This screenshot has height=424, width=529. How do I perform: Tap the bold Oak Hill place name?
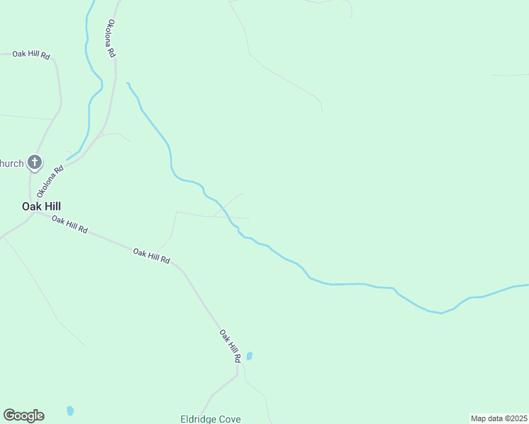point(41,206)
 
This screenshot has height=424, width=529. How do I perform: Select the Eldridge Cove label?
point(210,419)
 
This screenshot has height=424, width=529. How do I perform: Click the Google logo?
point(23,416)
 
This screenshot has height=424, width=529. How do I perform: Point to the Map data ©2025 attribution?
point(498,418)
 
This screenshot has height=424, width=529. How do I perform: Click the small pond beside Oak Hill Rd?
point(249,356)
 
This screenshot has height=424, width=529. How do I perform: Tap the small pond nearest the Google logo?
point(70,411)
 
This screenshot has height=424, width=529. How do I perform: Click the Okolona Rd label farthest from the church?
point(110,39)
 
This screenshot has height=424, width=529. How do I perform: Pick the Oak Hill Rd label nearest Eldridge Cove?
point(230,346)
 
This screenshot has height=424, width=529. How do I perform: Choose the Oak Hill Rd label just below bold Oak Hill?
point(69,225)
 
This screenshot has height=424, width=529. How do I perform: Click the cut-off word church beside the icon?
point(11,163)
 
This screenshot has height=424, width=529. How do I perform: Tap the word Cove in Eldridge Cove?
point(229,419)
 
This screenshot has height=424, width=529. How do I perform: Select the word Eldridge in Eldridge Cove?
point(197,419)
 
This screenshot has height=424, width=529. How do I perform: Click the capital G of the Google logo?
point(9,416)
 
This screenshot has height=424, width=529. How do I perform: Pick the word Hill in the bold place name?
point(51,206)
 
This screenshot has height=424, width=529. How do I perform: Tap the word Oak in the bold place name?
point(30,206)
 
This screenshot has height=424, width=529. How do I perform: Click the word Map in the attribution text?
point(479,418)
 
